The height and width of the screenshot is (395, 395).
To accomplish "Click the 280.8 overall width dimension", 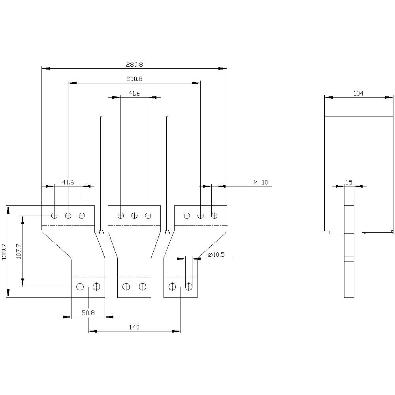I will point(135,64).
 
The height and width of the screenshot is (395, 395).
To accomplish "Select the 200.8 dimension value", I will point(135,79).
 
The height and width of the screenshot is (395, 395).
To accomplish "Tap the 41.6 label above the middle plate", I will point(134,93).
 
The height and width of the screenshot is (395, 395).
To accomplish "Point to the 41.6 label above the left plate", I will point(68,182).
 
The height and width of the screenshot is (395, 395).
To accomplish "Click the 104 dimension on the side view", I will point(358,93).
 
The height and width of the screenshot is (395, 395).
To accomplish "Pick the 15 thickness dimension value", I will point(349,182).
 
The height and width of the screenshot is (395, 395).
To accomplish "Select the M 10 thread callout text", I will point(261,182).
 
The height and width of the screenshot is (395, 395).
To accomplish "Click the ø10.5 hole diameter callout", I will point(216,255).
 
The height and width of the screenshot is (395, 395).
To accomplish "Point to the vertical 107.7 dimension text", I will point(19,251).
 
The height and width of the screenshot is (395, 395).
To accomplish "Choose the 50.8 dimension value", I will point(88,312).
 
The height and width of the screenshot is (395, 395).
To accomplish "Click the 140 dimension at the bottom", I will point(134,327).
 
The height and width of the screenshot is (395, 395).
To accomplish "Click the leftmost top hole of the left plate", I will point(55,216).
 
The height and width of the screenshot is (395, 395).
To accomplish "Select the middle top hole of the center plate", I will point(134,216).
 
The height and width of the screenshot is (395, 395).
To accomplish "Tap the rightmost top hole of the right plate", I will point(214,216).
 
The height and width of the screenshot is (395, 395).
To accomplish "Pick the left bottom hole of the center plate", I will point(126,286).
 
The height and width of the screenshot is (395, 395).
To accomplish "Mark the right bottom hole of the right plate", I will point(189,286).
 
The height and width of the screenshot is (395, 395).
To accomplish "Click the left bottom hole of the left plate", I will point(80,286).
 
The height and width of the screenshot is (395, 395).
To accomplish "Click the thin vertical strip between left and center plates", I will point(102,174).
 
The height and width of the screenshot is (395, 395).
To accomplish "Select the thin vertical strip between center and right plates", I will point(167,174).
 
